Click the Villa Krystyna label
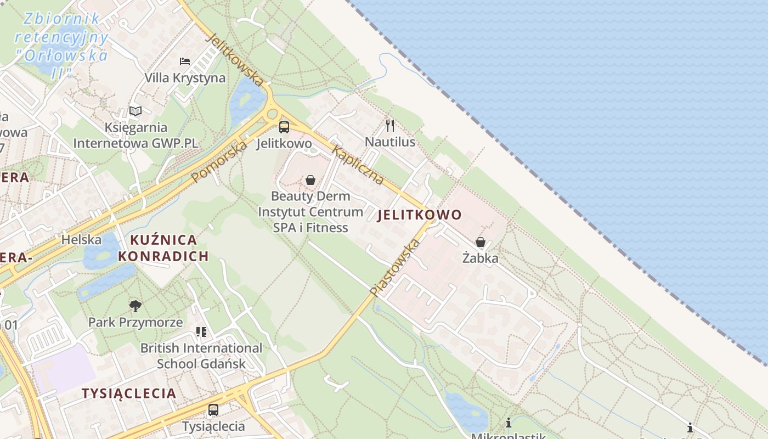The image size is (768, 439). [185, 78]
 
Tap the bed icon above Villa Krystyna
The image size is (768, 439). [185, 61]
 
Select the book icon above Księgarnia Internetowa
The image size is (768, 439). [135, 111]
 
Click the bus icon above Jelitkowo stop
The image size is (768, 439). [284, 127]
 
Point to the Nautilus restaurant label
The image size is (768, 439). [390, 142]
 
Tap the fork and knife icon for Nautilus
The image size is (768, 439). [390, 126]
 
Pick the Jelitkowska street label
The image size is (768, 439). [235, 60]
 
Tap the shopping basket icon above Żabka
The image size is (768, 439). [481, 242]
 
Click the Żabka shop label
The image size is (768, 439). [481, 258]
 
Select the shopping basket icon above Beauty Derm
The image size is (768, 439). [310, 180]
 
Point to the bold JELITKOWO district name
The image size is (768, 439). [420, 215]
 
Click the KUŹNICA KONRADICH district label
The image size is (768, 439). [163, 247]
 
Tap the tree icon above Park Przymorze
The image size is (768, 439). [135, 306]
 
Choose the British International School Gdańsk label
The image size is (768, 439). [201, 356]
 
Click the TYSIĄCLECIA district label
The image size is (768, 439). [129, 393]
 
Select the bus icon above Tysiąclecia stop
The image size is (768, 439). [213, 409]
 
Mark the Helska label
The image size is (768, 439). [81, 240]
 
